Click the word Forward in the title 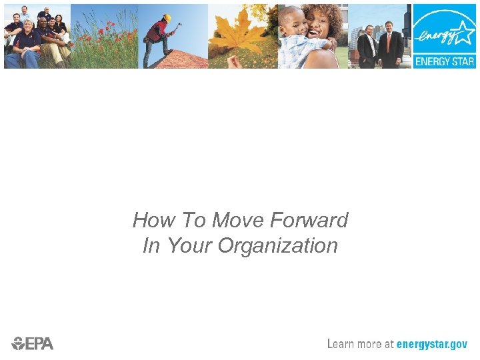[310, 220]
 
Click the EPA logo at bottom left [33, 343]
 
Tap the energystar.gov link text [431, 344]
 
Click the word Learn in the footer [341, 344]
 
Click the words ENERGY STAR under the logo [444, 61]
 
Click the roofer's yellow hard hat [167, 18]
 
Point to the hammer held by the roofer [178, 26]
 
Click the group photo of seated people [36, 36]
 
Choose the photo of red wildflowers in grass [103, 36]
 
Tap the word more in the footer [371, 344]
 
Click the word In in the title [151, 246]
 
